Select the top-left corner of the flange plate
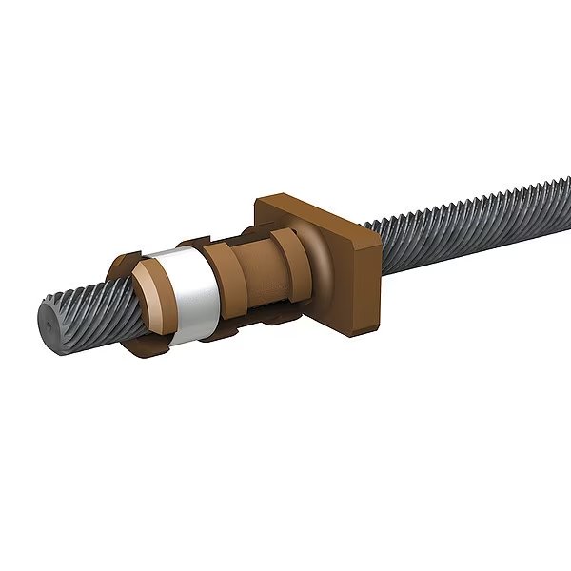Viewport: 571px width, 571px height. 260,200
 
